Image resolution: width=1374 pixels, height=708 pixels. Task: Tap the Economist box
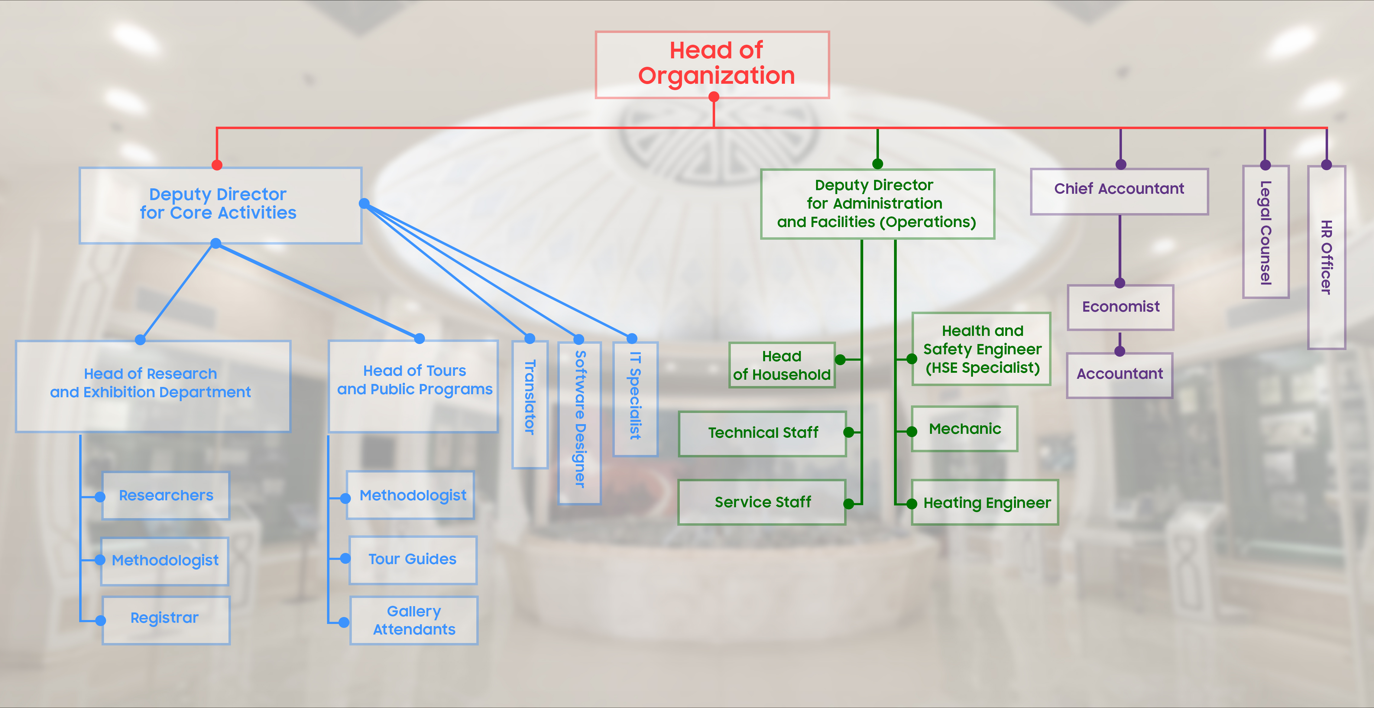click(1120, 307)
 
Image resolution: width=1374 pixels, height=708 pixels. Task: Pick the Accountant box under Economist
click(1120, 375)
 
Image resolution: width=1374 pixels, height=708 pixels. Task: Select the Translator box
click(530, 404)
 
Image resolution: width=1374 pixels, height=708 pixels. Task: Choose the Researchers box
click(166, 496)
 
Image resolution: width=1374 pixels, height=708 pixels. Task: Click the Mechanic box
click(964, 429)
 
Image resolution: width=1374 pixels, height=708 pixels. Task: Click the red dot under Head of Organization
click(714, 96)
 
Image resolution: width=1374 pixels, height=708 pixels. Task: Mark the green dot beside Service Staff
click(849, 504)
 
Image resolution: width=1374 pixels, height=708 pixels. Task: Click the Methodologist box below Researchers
click(165, 561)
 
